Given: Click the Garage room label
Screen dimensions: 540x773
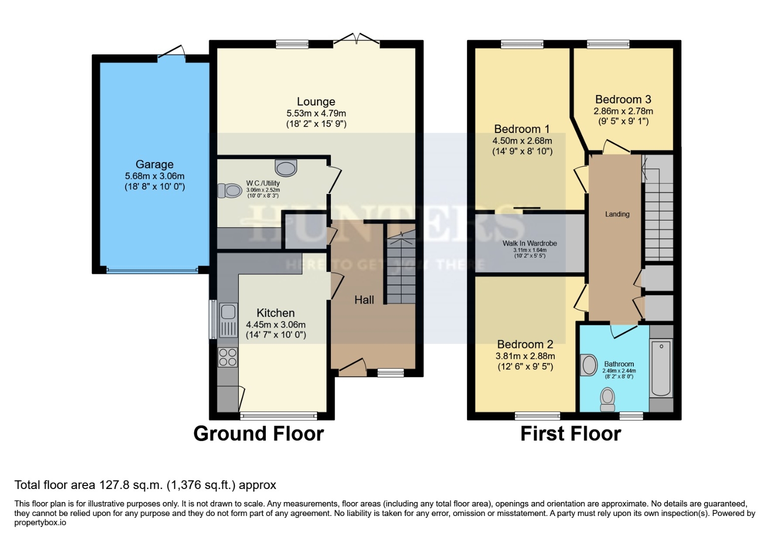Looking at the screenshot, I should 154,164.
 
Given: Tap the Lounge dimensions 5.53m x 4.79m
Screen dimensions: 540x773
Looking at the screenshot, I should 316,113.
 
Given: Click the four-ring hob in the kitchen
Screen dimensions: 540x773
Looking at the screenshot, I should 228,357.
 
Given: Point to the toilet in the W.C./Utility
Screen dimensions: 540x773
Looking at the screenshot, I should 230,190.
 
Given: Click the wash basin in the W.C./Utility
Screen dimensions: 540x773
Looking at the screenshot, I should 286,168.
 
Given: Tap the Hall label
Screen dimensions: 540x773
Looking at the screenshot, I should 364,300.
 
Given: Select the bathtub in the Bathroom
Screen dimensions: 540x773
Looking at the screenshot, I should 661,367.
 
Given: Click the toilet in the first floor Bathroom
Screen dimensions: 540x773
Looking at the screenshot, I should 608,399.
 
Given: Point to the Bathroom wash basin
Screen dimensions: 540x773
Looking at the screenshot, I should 589,365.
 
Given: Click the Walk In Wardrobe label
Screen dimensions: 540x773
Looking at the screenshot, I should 530,243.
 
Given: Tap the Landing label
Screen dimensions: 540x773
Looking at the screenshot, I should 617,214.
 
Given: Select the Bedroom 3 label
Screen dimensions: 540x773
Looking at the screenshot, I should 623,99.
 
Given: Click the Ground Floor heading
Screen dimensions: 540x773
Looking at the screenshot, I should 258,433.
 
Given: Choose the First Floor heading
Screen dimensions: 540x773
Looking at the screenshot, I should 571,433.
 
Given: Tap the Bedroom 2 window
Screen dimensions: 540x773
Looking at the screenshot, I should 537,415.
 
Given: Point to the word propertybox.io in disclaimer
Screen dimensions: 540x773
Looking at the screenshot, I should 40,522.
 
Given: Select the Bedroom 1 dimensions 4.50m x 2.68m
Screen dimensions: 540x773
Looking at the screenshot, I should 522,141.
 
